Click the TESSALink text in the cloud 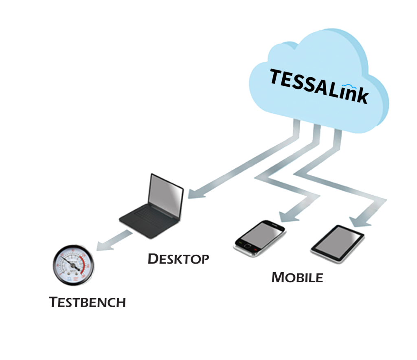coord(318,86)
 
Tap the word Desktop coord(178,259)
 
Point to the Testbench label coord(87,302)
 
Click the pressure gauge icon coord(73,265)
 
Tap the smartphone coord(259,238)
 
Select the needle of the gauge coord(73,263)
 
